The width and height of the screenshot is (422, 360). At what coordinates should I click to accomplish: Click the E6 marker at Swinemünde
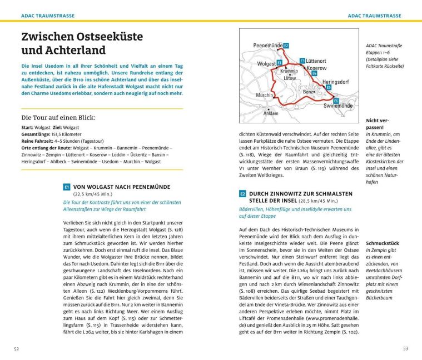click(x=336, y=100)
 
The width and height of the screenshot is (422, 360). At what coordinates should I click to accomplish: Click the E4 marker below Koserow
click(x=314, y=73)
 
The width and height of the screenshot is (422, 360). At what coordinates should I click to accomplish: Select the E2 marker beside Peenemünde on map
click(x=286, y=45)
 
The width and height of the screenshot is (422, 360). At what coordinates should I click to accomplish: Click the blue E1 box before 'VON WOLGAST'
click(x=67, y=187)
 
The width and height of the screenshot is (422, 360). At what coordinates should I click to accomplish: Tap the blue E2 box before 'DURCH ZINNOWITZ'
click(x=242, y=194)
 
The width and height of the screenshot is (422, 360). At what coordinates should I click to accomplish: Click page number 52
click(x=17, y=348)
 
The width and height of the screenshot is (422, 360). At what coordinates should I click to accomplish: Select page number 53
click(x=405, y=348)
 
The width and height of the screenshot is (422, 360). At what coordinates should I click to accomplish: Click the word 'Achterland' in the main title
click(x=72, y=51)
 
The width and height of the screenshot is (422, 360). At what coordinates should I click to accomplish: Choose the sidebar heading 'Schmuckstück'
click(x=383, y=243)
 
